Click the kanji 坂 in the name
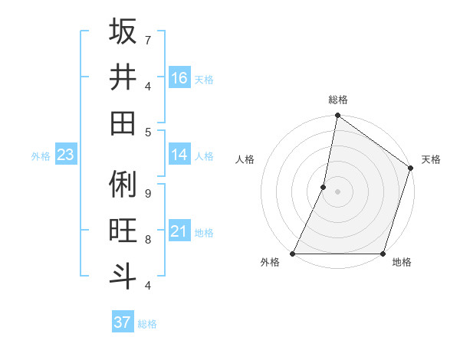[x=123, y=31]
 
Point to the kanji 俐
[x=123, y=184]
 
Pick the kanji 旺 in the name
[x=123, y=230]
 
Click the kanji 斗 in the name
[x=123, y=276]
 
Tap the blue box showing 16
[x=179, y=78]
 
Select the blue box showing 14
[x=179, y=155]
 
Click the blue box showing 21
[x=179, y=231]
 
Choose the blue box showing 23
[x=65, y=155]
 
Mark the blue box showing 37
[x=123, y=322]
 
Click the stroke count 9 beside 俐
[x=147, y=194]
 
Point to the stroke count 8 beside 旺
[x=147, y=239]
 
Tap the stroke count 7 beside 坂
[x=147, y=40]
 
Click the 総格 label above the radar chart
[x=338, y=100]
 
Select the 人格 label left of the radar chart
[x=245, y=159]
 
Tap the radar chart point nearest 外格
[x=293, y=254]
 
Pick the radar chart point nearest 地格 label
[x=383, y=254]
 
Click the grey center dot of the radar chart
[x=337, y=191]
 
